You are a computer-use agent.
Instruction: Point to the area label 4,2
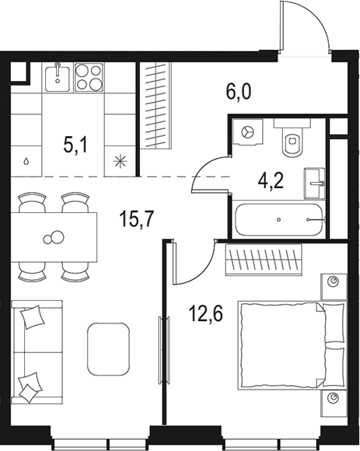coord(270,180)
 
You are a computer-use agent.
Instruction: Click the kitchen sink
coord(58,77)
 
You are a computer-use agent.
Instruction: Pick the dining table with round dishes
coord(54,237)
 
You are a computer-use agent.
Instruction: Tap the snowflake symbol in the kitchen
coord(120,162)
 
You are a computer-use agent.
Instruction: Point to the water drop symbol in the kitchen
coord(27,163)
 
